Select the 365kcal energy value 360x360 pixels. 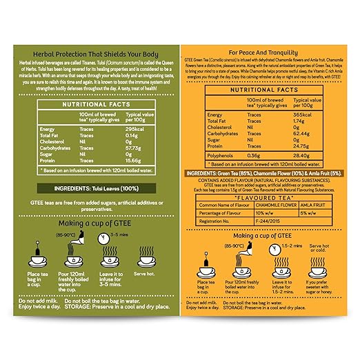(x=305, y=114)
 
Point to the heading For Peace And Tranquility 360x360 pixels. (x=270, y=52)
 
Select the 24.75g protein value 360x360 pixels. (x=304, y=146)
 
